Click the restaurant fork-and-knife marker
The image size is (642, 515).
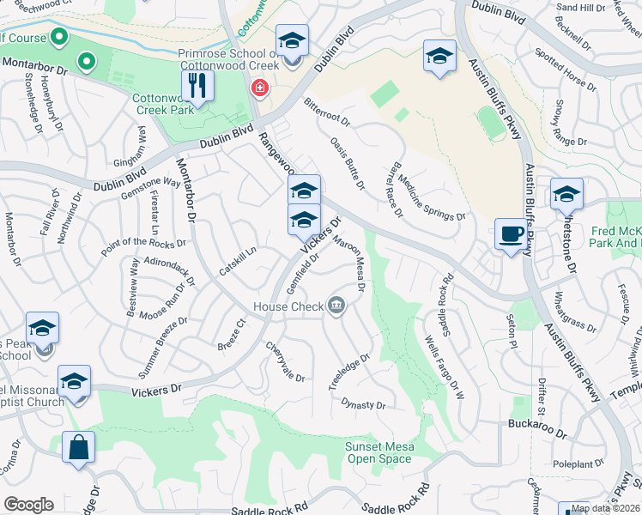[x=198, y=85]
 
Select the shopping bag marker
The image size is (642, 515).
[x=78, y=447]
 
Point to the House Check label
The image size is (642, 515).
[x=288, y=306]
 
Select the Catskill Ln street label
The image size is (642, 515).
[x=238, y=261]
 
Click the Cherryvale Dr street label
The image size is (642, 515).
[x=285, y=361]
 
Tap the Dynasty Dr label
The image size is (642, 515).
[x=363, y=404]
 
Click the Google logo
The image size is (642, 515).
[x=28, y=505]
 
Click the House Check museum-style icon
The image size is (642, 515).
[x=336, y=306]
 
